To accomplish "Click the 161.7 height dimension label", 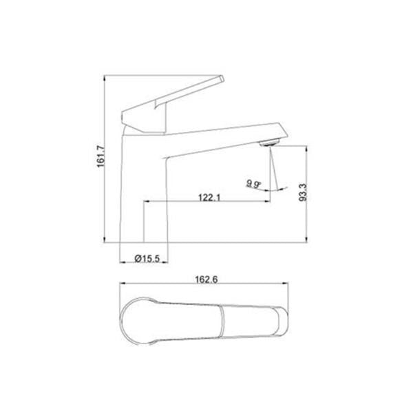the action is (101, 156).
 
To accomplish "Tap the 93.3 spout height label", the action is (303, 193).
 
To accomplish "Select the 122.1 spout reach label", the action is (209, 197).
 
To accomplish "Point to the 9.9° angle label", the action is (253, 184).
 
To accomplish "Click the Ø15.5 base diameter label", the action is (147, 258).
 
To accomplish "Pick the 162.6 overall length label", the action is (206, 279).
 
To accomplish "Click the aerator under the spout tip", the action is (269, 143).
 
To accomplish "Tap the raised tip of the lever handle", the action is (221, 78).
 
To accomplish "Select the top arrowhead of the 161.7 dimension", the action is (105, 78).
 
